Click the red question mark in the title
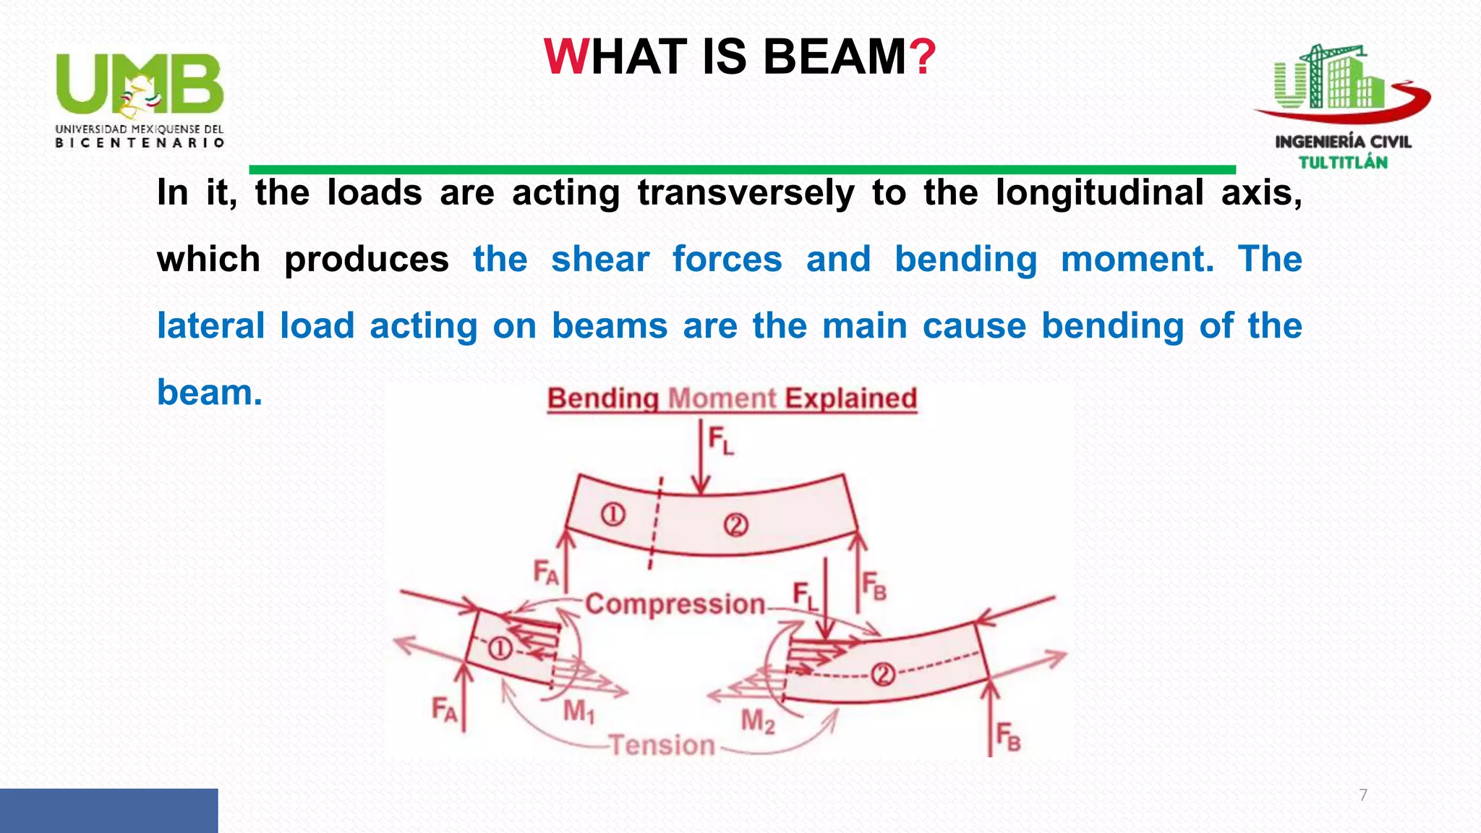(x=923, y=57)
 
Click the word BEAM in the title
(x=835, y=57)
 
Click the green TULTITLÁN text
(x=1343, y=163)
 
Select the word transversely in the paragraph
(x=746, y=193)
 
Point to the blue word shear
(x=599, y=260)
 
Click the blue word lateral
(x=210, y=326)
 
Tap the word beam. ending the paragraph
(x=209, y=393)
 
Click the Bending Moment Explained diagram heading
(x=732, y=399)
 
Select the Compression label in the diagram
(x=675, y=604)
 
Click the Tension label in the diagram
(x=662, y=745)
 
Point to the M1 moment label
(x=579, y=712)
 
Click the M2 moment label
(x=757, y=721)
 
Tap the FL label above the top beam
(x=720, y=440)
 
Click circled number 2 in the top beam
(x=735, y=524)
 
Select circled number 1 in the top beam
(x=613, y=515)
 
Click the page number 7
(x=1363, y=795)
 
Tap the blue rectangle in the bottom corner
(x=108, y=811)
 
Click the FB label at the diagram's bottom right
(x=1008, y=738)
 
